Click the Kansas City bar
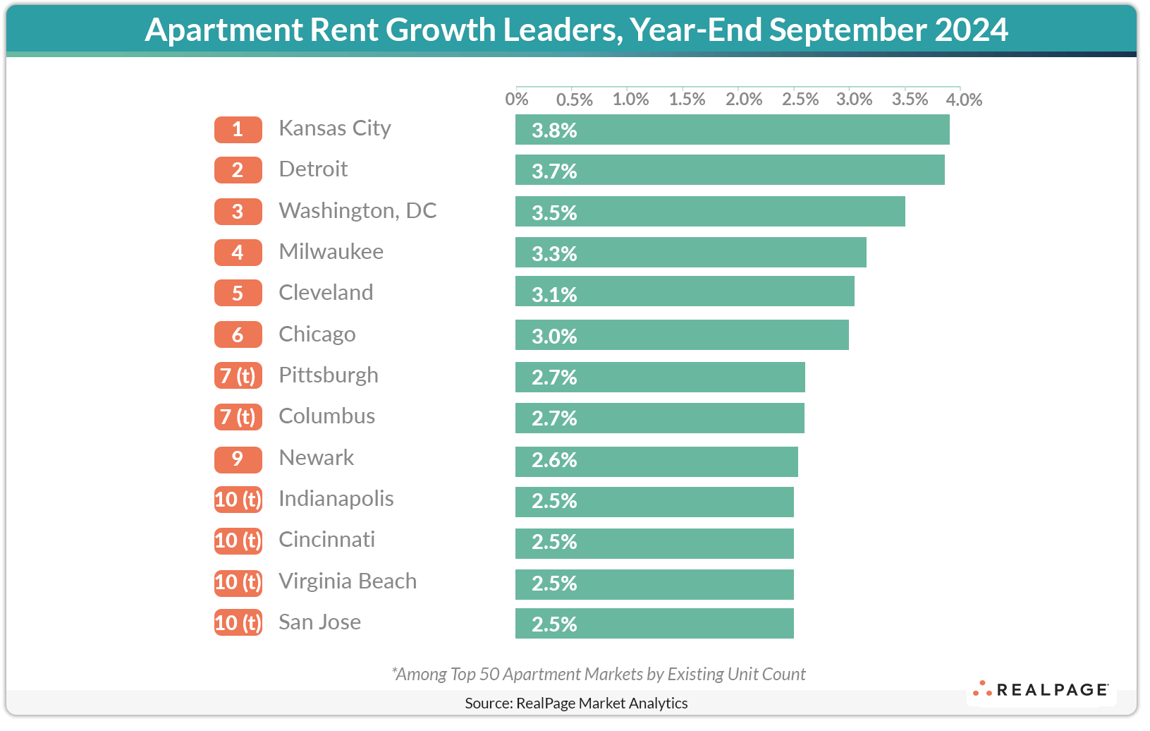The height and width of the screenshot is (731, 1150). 732,130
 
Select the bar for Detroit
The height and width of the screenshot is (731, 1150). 730,171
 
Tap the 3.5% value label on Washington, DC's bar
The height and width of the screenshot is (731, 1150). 554,212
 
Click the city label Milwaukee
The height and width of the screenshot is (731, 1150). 331,252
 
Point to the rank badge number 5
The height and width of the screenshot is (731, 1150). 238,293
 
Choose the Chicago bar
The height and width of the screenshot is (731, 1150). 682,335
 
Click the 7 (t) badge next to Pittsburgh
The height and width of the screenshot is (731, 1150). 238,375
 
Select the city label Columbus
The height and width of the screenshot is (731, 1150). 326,416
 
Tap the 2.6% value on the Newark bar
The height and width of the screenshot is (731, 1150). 554,460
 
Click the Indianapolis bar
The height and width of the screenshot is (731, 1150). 654,502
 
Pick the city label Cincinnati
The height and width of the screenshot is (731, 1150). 326,540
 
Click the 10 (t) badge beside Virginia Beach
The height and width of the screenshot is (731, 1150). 238,582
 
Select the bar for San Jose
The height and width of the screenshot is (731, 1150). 654,624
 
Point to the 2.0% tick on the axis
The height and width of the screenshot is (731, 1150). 744,99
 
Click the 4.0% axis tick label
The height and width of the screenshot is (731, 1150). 964,99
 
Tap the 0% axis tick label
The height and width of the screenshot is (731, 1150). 517,99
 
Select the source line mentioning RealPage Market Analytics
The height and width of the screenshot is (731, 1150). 576,703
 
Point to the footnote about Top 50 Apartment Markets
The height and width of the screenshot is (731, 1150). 598,674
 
